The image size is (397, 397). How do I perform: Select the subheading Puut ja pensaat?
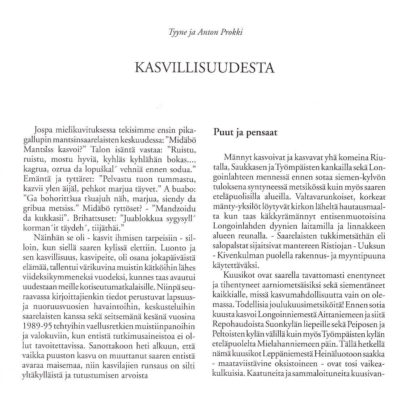245,132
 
